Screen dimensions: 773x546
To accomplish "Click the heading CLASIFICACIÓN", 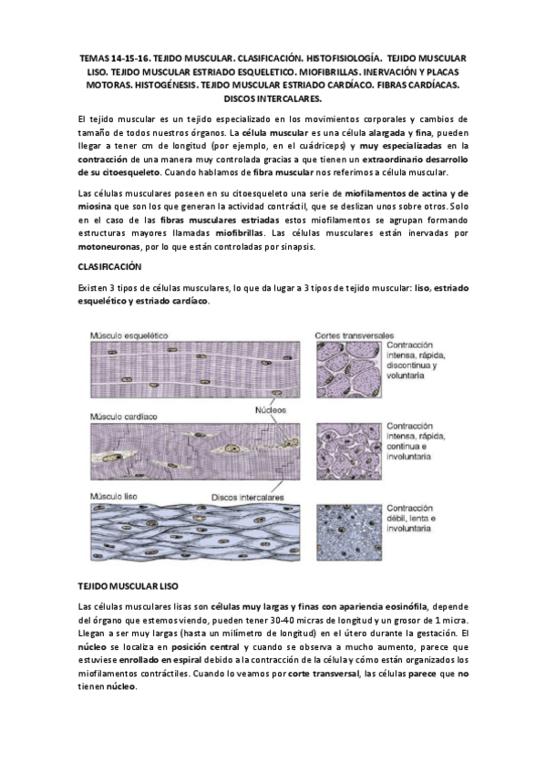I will click(x=111, y=266).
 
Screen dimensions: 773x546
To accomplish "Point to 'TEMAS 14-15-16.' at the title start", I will click(x=115, y=57).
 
